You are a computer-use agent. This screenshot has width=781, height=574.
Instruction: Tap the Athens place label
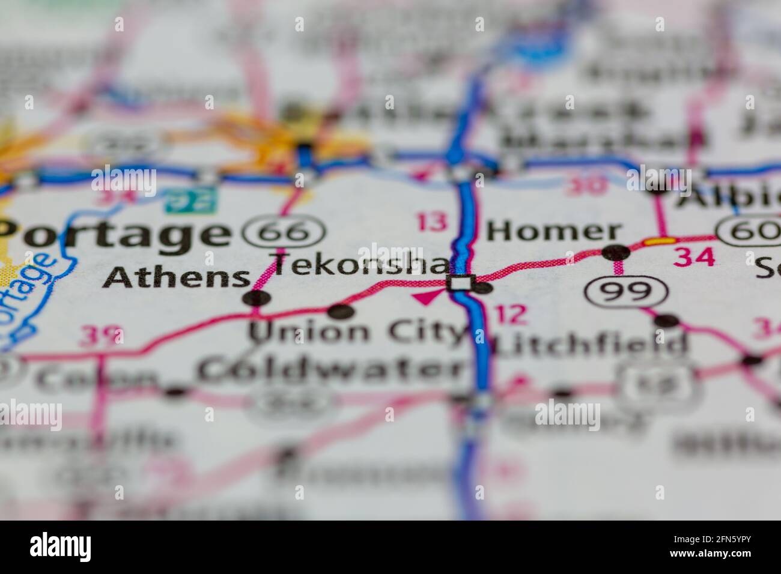click(176, 278)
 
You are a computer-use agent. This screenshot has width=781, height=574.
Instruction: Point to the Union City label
click(358, 331)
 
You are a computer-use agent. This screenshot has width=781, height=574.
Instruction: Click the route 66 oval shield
click(285, 231)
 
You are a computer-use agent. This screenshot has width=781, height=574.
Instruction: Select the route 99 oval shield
click(627, 291)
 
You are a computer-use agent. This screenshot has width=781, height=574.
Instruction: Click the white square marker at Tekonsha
click(461, 283)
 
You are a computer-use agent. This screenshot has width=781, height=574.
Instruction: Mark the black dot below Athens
click(257, 298)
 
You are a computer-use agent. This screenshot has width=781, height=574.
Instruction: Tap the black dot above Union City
click(340, 311)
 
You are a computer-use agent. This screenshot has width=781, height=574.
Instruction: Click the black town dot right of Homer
click(615, 252)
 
